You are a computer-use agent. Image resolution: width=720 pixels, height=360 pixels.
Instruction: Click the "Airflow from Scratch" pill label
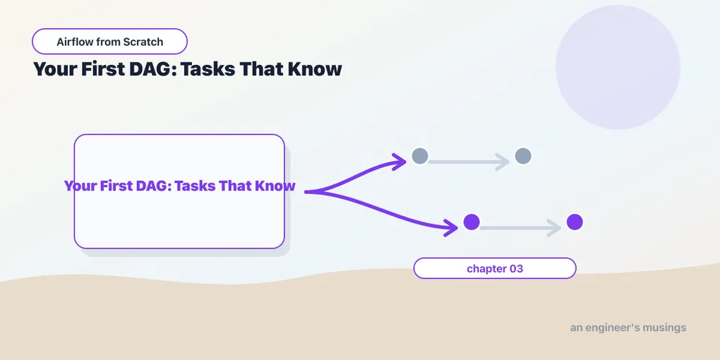click(109, 42)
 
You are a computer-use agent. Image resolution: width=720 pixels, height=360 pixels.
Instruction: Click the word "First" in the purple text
click(115, 186)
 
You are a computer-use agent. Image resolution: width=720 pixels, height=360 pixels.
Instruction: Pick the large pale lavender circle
click(618, 67)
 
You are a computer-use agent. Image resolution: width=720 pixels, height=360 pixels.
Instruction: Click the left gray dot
click(420, 156)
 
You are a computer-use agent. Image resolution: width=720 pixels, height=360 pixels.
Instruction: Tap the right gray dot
click(523, 156)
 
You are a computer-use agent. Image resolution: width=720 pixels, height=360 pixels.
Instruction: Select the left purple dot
click(472, 222)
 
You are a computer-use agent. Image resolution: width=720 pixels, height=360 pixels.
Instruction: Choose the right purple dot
click(575, 222)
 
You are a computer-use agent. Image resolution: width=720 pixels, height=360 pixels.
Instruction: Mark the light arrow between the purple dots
click(520, 228)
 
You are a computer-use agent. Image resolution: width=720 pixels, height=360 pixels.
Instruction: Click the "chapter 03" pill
click(495, 268)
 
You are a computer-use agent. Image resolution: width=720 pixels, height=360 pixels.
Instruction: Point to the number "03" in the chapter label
click(516, 269)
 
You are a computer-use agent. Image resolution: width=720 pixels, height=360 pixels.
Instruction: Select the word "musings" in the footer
click(665, 328)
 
